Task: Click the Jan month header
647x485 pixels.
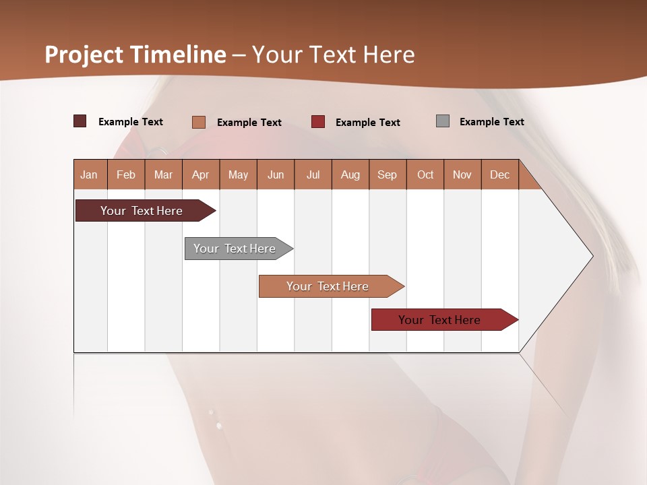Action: [90, 174]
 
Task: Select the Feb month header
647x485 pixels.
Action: [126, 174]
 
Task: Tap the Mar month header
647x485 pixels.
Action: [163, 174]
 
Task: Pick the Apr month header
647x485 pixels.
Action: [201, 174]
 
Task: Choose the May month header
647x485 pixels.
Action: [238, 174]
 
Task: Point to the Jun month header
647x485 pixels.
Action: [276, 174]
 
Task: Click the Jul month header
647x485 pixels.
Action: [313, 174]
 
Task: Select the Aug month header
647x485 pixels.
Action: [350, 174]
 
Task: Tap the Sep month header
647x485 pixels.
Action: [388, 174]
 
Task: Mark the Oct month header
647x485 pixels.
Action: [425, 174]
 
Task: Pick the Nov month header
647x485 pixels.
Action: [462, 174]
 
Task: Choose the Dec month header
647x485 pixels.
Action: [500, 174]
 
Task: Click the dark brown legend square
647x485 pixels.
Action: [80, 121]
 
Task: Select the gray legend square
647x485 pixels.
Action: [443, 121]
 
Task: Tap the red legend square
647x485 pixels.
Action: [318, 121]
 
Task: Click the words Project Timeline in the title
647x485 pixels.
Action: [135, 55]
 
